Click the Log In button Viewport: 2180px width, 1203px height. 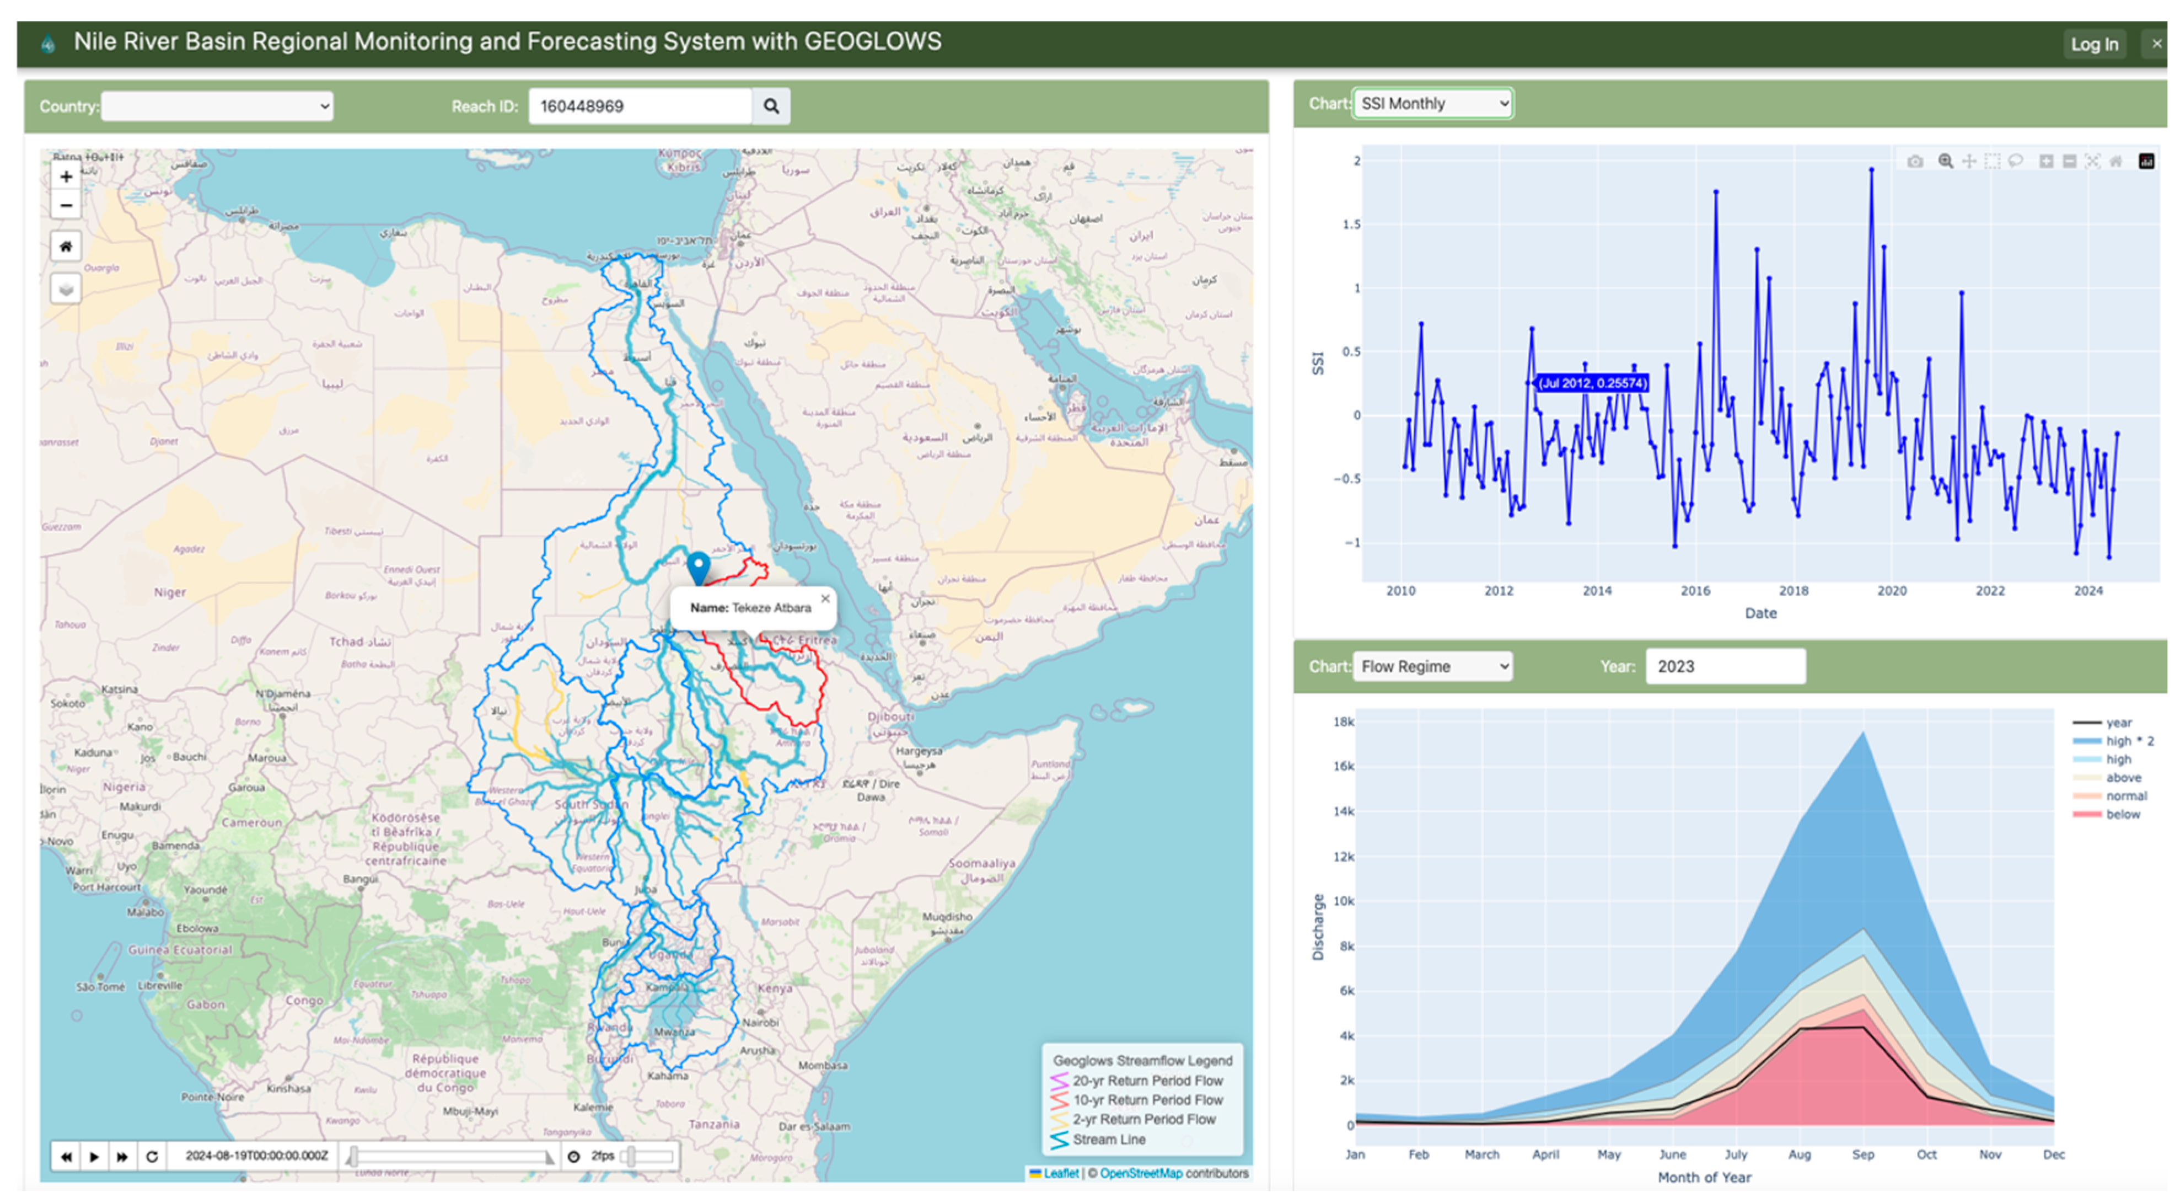[x=2093, y=44]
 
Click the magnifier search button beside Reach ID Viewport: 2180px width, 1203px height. [x=770, y=106]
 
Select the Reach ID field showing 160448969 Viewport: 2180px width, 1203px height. [x=639, y=106]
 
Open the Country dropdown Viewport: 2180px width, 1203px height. [x=217, y=106]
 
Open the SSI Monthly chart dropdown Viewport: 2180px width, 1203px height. [x=1431, y=103]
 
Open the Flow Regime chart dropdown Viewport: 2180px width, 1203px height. [x=1431, y=666]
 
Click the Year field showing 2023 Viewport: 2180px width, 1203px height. [x=1724, y=666]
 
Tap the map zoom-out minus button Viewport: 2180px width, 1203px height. [x=66, y=206]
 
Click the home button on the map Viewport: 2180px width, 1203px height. [x=66, y=247]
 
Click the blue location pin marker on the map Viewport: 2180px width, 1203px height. [x=697, y=565]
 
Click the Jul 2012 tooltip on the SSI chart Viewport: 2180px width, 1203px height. [x=1591, y=383]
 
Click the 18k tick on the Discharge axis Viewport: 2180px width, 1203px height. [x=1343, y=722]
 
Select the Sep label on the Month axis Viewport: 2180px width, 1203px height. [x=1862, y=1155]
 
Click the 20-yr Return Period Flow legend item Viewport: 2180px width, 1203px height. [x=1147, y=1081]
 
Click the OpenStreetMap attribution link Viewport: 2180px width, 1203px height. [x=1140, y=1173]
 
